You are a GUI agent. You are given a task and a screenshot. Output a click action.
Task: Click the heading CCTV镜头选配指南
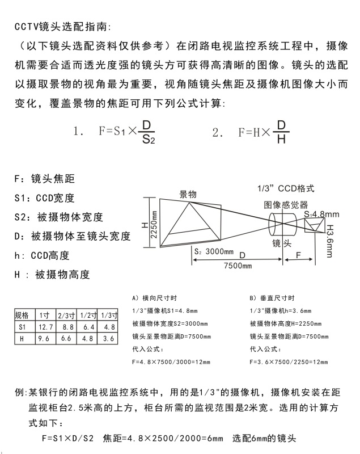[63, 27]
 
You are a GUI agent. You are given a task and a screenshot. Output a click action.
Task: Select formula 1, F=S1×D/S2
[118, 132]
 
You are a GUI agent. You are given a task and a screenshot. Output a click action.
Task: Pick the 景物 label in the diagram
[188, 195]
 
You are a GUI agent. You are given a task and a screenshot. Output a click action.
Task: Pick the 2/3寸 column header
[67, 316]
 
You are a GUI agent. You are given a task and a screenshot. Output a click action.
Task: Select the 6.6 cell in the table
[67, 338]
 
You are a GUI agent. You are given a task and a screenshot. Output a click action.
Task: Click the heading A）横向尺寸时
[154, 297]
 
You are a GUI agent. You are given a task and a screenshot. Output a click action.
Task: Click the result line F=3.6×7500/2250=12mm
[289, 361]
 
